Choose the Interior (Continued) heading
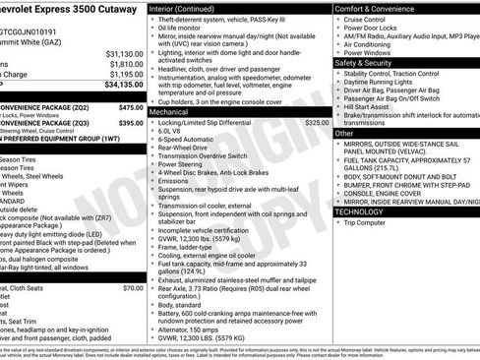[190, 8]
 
